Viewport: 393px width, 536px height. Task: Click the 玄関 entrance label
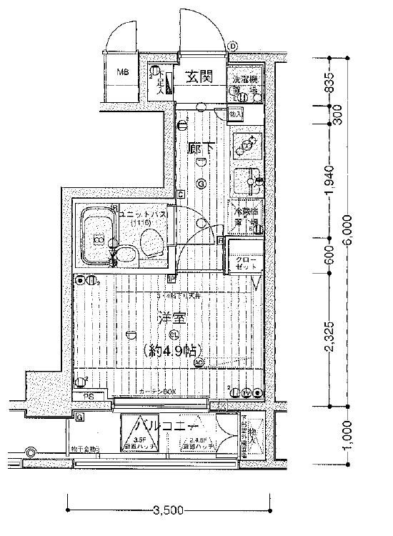pyautogui.click(x=199, y=78)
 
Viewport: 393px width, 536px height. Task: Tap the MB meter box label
pyautogui.click(x=123, y=73)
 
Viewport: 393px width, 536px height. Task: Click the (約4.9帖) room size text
pyautogui.click(x=172, y=349)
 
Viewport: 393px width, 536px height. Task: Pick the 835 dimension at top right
pyautogui.click(x=330, y=84)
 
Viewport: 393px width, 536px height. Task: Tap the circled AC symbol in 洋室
pyautogui.click(x=199, y=362)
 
